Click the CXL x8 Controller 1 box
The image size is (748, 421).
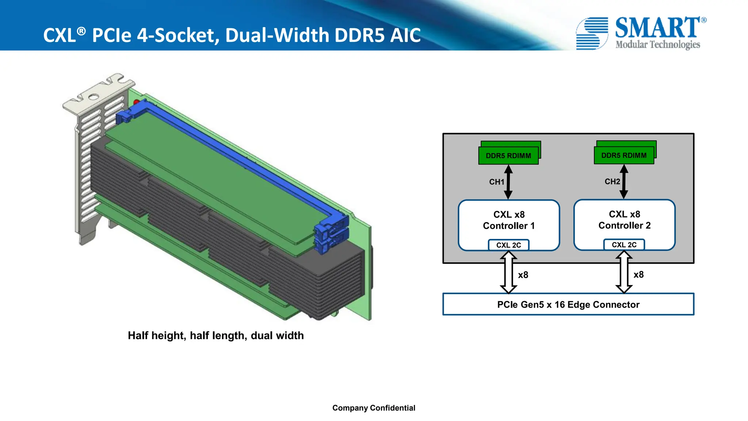click(509, 220)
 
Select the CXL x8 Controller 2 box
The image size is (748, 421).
click(624, 220)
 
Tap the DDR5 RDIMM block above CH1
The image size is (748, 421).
click(508, 156)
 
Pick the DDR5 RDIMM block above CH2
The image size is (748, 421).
click(624, 155)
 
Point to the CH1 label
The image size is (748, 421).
click(496, 182)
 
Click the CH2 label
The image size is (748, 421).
click(612, 182)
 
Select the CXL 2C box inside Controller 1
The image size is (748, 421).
click(508, 245)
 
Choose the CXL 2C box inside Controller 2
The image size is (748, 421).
click(624, 245)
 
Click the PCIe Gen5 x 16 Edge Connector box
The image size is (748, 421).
click(568, 304)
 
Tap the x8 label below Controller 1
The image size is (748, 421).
click(523, 275)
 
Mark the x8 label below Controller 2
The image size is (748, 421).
click(638, 274)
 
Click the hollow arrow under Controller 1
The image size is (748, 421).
click(508, 272)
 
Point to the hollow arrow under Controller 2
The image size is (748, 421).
click(624, 272)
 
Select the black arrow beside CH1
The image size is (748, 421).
click(508, 182)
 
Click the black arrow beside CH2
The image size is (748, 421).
click(624, 182)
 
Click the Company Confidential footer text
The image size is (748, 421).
click(374, 408)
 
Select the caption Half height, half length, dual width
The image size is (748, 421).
click(215, 335)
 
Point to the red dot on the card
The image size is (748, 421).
click(137, 102)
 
